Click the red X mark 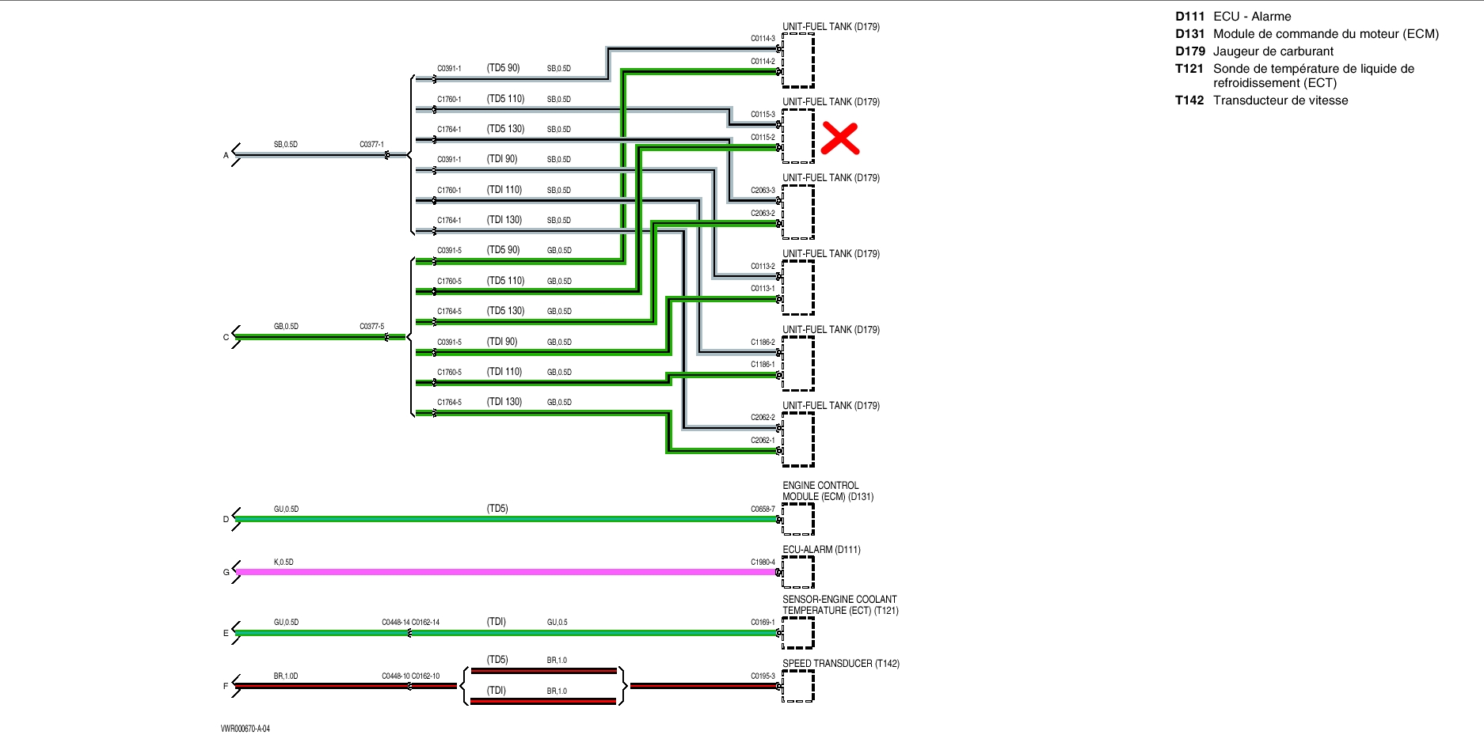840,138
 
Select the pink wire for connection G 507,571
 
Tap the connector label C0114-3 763,39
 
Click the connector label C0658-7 763,509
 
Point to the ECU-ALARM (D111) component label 821,550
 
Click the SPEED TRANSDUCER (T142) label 841,664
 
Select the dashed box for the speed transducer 798,686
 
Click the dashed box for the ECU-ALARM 798,572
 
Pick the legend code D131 1189,34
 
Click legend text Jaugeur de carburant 1273,51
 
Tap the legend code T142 1189,100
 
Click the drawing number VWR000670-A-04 245,729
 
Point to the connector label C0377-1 371,145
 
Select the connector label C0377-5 371,327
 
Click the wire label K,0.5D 283,562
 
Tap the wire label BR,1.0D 286,676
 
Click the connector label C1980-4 763,562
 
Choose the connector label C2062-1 763,441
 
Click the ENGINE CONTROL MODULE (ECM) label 828,491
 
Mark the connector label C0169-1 763,623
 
